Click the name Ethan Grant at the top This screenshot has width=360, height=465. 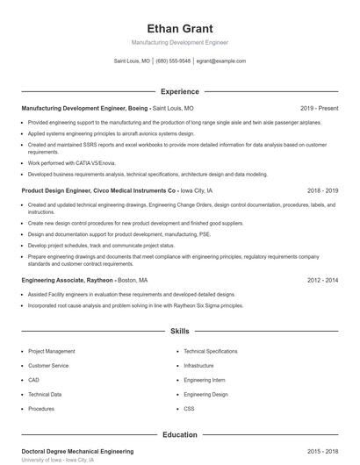pyautogui.click(x=179, y=28)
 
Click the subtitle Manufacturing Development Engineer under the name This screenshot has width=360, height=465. pyautogui.click(x=179, y=42)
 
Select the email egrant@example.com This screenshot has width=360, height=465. pyautogui.click(x=220, y=61)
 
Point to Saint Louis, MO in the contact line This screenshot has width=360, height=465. pyautogui.click(x=132, y=61)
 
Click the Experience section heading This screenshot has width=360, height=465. pyautogui.click(x=179, y=91)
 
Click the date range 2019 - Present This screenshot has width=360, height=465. pyautogui.click(x=319, y=108)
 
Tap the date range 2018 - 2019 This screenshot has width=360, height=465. pyautogui.click(x=322, y=190)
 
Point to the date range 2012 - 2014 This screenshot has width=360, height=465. pyautogui.click(x=322, y=280)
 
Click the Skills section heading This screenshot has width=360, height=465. pyautogui.click(x=179, y=332)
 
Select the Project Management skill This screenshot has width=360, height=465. pyautogui.click(x=52, y=351)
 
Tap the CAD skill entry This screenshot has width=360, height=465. pyautogui.click(x=33, y=380)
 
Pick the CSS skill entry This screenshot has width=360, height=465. pyautogui.click(x=189, y=409)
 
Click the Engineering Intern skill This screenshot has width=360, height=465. pyautogui.click(x=205, y=380)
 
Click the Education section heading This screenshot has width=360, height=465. pyautogui.click(x=179, y=434)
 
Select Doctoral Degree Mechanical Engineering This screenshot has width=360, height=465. pyautogui.click(x=77, y=451)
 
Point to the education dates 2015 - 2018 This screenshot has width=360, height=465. pyautogui.click(x=322, y=451)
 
